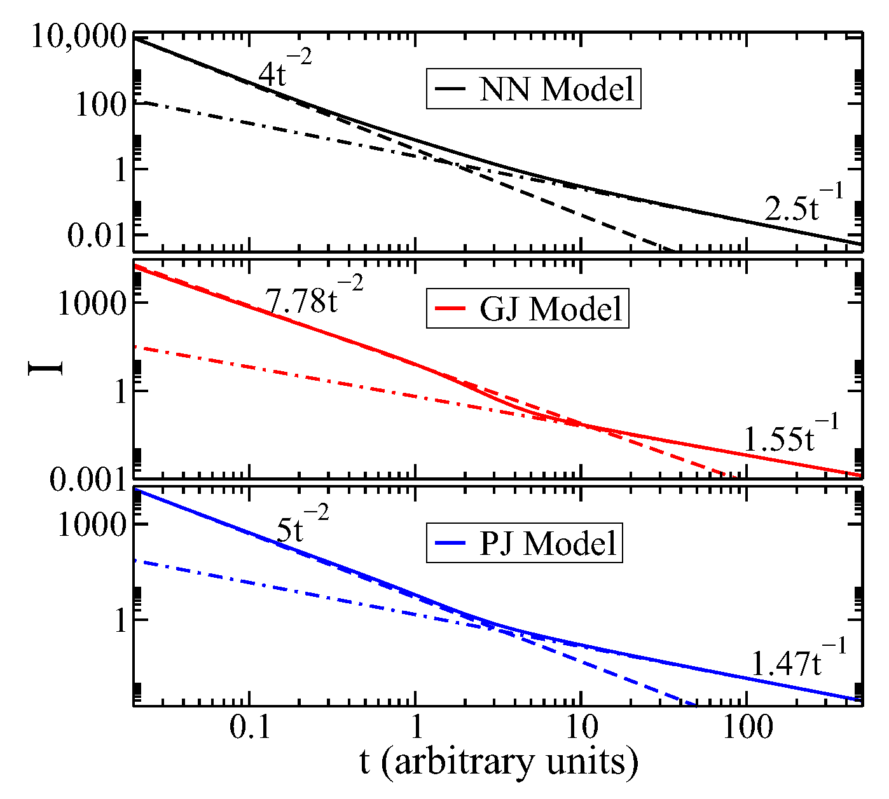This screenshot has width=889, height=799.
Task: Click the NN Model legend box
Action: [534, 89]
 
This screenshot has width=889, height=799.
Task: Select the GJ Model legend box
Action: [527, 309]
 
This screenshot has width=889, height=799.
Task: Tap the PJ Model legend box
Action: [524, 543]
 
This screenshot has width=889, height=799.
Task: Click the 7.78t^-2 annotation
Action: [315, 296]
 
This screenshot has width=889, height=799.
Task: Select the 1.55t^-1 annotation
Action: [791, 434]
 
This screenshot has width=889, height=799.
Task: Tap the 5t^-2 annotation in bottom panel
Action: [303, 525]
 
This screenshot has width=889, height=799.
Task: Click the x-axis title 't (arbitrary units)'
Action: [499, 762]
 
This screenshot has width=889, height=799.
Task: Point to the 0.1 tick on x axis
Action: [250, 728]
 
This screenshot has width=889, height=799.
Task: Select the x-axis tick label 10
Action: [580, 728]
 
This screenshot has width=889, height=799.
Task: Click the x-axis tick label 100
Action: [747, 728]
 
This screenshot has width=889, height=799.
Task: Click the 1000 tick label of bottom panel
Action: [93, 525]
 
